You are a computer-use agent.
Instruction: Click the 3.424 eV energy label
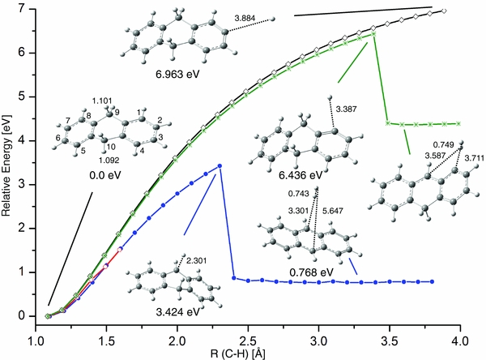click(x=161, y=309)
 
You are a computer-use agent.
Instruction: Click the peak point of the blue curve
click(x=220, y=166)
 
